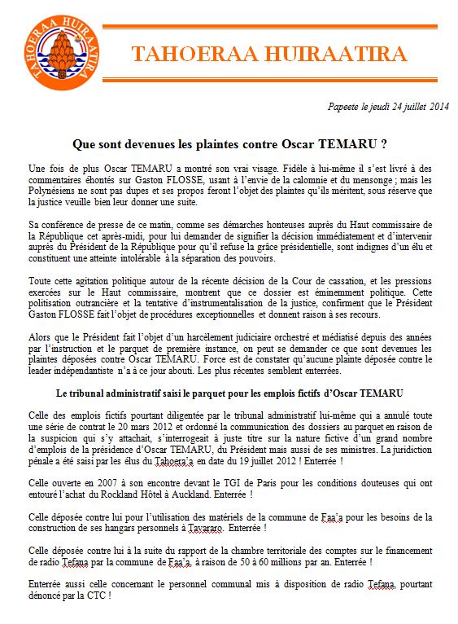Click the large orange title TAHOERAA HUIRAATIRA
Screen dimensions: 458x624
(x=268, y=55)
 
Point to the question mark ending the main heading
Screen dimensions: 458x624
(x=382, y=144)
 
